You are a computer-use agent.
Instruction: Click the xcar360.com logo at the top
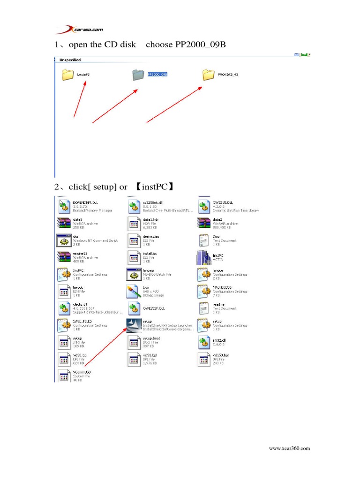tap(79, 30)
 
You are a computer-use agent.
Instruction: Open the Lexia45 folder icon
tap(68, 75)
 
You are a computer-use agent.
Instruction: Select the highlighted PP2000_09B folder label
tap(157, 75)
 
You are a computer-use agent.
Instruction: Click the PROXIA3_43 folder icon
tap(209, 75)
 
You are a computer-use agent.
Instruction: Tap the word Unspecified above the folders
tap(70, 60)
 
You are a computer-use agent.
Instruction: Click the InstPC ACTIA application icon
tap(204, 258)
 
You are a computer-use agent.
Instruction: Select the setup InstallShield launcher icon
tap(134, 325)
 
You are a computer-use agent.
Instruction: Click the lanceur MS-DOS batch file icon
tap(134, 275)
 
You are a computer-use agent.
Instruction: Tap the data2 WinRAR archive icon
tap(204, 223)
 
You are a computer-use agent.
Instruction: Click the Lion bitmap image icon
tap(134, 291)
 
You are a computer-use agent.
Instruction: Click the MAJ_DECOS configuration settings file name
tap(222, 287)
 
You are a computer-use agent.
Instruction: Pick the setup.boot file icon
tap(134, 342)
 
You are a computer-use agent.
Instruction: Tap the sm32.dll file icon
tap(204, 342)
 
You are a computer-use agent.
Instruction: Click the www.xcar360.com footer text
tap(289, 449)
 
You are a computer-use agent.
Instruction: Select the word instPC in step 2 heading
tap(155, 187)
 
